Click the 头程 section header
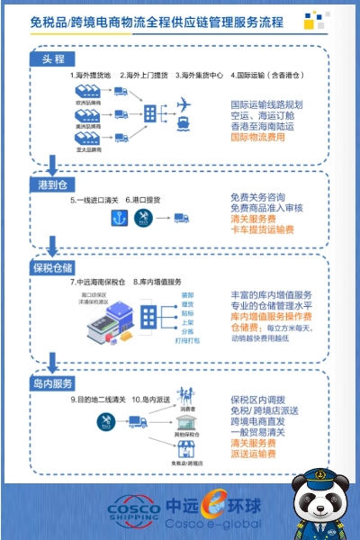[x=54, y=59]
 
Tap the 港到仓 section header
[x=52, y=184]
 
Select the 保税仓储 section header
[x=55, y=267]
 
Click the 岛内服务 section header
[x=55, y=384]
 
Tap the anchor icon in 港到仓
[x=90, y=219]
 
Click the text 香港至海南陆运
[x=266, y=127]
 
